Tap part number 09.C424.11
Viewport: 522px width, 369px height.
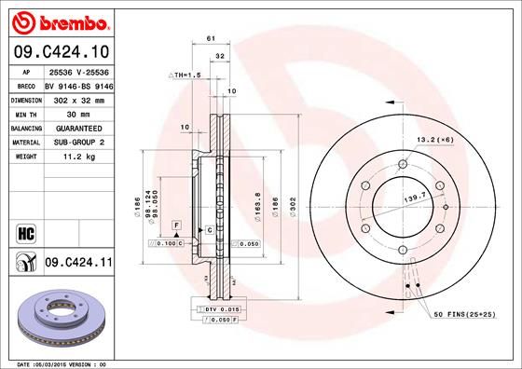point(78,265)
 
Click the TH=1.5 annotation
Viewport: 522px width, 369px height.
point(186,75)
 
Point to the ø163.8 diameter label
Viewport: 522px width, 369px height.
point(257,202)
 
